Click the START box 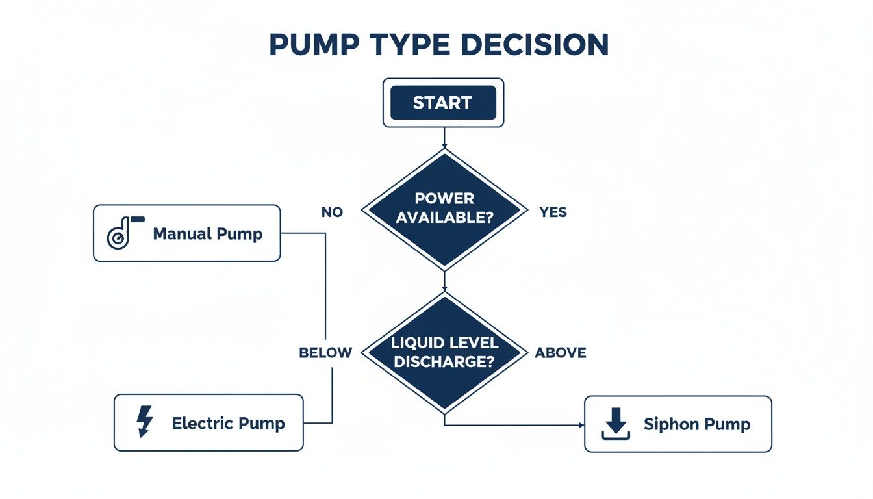coord(442,103)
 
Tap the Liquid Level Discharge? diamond coord(444,352)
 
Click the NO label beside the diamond coord(332,212)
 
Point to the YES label coord(553,212)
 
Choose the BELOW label coord(325,353)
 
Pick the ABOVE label coord(560,353)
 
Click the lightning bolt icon coord(144,422)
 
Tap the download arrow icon coord(615,424)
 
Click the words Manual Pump coord(208,234)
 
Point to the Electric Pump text coord(228,424)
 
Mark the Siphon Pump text coord(697,424)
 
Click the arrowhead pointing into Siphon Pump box coord(581,425)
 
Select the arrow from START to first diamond coord(444,137)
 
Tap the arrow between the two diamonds coord(444,281)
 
